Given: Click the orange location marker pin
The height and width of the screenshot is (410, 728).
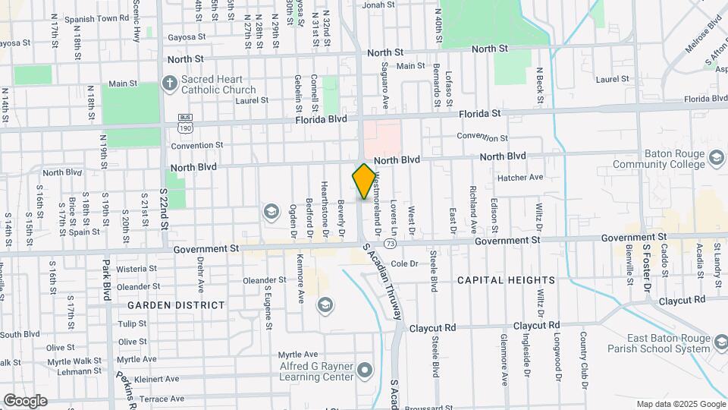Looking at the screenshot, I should (x=364, y=181).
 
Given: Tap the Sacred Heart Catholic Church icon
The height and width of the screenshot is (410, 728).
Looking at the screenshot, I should (x=169, y=83).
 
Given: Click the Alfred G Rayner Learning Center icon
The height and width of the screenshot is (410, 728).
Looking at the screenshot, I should (x=366, y=371).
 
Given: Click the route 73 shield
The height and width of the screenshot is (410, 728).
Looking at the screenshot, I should (x=390, y=243).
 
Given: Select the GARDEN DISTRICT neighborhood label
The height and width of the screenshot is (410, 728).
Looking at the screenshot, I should (x=176, y=305).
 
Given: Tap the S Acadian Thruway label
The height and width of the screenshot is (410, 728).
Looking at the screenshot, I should (x=381, y=285).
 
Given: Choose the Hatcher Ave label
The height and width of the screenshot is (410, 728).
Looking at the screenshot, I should (x=520, y=178).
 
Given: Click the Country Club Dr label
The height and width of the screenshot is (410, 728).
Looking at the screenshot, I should (x=584, y=361).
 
